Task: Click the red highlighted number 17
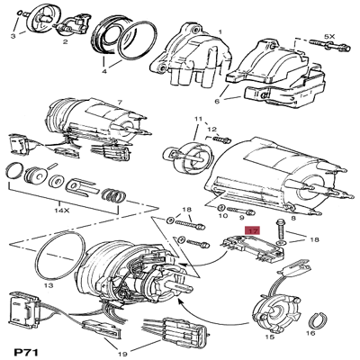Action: (253, 231)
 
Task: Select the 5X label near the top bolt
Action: (329, 37)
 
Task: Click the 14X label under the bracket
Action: (62, 211)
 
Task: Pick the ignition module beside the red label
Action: (254, 250)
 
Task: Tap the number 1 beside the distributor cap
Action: (220, 31)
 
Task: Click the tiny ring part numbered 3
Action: (19, 13)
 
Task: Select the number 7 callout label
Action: (120, 103)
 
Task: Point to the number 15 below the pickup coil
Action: (270, 337)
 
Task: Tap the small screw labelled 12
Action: (221, 139)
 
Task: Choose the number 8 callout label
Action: (293, 218)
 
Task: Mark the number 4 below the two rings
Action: (104, 72)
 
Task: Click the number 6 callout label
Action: (217, 101)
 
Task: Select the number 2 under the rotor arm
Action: (65, 41)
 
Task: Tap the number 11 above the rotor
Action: (198, 119)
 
